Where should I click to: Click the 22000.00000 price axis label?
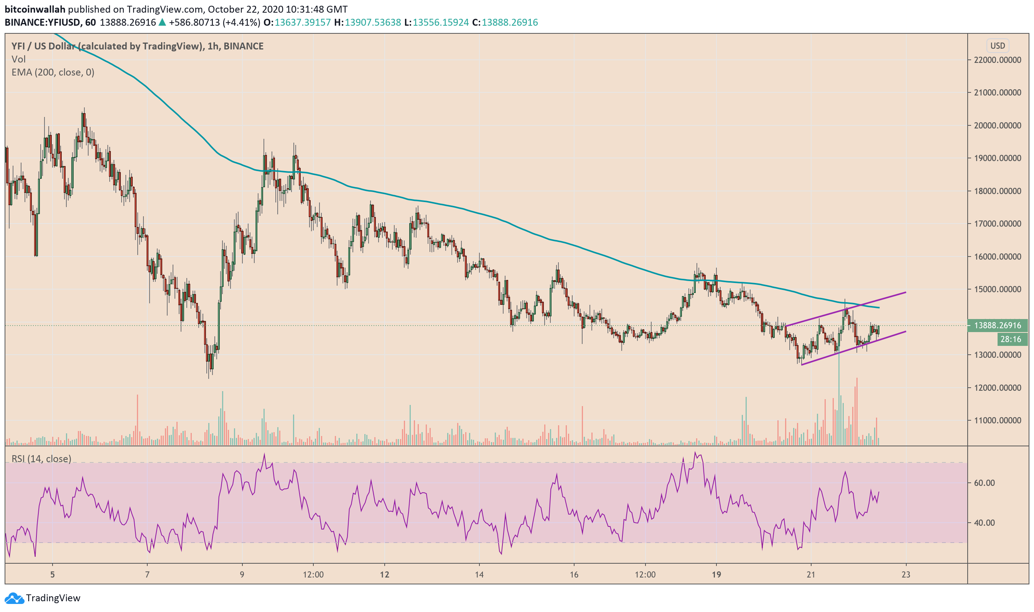click(x=997, y=60)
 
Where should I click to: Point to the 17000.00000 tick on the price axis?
click(x=997, y=224)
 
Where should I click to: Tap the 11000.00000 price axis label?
click(x=997, y=421)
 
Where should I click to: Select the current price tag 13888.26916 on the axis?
click(x=997, y=326)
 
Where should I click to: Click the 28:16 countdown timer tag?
click(x=1011, y=339)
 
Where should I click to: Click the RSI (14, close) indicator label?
click(x=41, y=459)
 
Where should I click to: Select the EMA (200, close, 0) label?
click(x=53, y=72)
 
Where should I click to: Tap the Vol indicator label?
click(x=18, y=59)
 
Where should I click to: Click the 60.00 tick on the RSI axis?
click(x=984, y=483)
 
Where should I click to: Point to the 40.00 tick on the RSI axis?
click(x=984, y=523)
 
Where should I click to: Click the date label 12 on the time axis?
click(x=384, y=574)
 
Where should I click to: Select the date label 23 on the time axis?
click(x=906, y=574)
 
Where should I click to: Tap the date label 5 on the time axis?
click(x=53, y=574)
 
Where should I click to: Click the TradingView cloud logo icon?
click(x=14, y=598)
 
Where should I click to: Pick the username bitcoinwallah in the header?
click(x=35, y=9)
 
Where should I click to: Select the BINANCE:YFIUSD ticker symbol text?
click(x=43, y=22)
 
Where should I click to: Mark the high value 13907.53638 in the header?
click(x=372, y=22)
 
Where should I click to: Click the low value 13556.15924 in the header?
click(x=441, y=22)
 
